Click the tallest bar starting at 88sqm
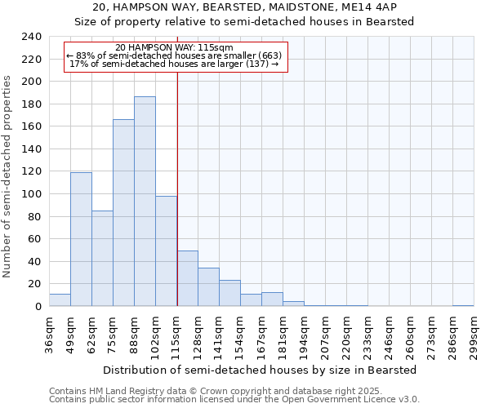pyautogui.click(x=145, y=202)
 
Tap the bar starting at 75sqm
pyautogui.click(x=123, y=213)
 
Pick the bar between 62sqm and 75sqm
pyautogui.click(x=102, y=259)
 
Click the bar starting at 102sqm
pyautogui.click(x=166, y=251)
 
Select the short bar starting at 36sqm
pyautogui.click(x=60, y=300)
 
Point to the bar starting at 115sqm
pyautogui.click(x=187, y=279)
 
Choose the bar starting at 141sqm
pyautogui.click(x=229, y=294)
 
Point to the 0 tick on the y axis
pyautogui.click(x=38, y=307)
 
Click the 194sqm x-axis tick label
pyautogui.click(x=304, y=336)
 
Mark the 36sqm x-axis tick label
pyautogui.click(x=49, y=336)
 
